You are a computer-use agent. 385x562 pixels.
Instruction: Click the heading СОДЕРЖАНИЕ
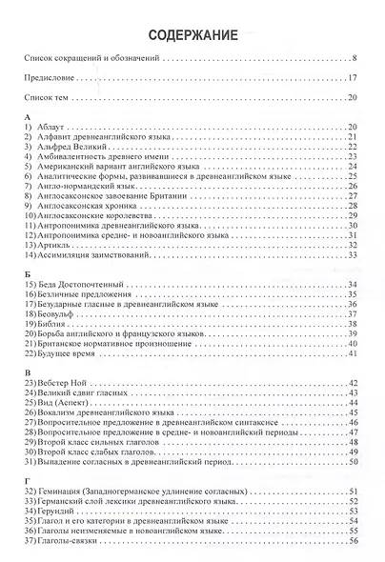click(x=193, y=35)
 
